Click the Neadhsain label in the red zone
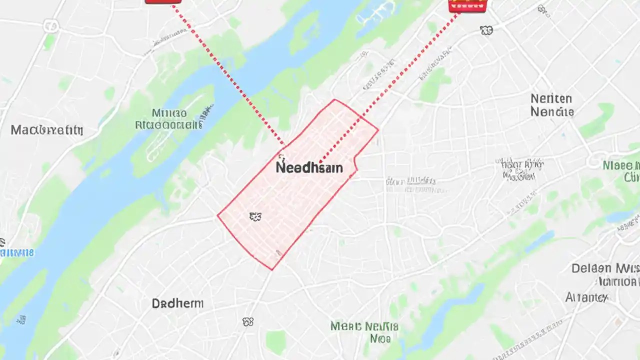[309, 167]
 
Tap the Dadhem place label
[177, 303]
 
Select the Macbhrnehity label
[46, 130]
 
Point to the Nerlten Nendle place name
[551, 105]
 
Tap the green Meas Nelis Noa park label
[364, 332]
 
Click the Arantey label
[586, 297]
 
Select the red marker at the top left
[163, 1]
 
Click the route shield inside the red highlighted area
[255, 216]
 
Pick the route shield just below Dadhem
[248, 322]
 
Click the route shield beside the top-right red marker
[486, 31]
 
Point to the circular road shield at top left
[50, 25]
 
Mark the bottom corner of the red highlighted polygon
[272, 269]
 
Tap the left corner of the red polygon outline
[218, 215]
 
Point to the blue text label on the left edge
[17, 252]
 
